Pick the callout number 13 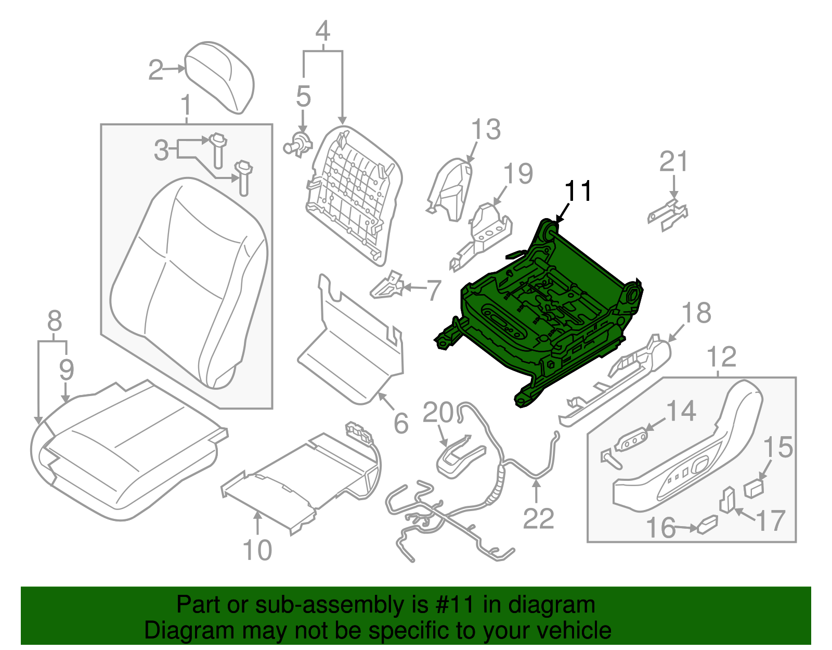[x=486, y=130]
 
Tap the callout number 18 [x=696, y=314]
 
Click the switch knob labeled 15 [x=754, y=488]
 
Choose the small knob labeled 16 [x=707, y=524]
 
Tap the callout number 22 [x=538, y=519]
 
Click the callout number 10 [x=257, y=550]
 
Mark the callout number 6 [x=401, y=423]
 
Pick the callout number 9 [x=66, y=369]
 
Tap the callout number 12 [x=722, y=357]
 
